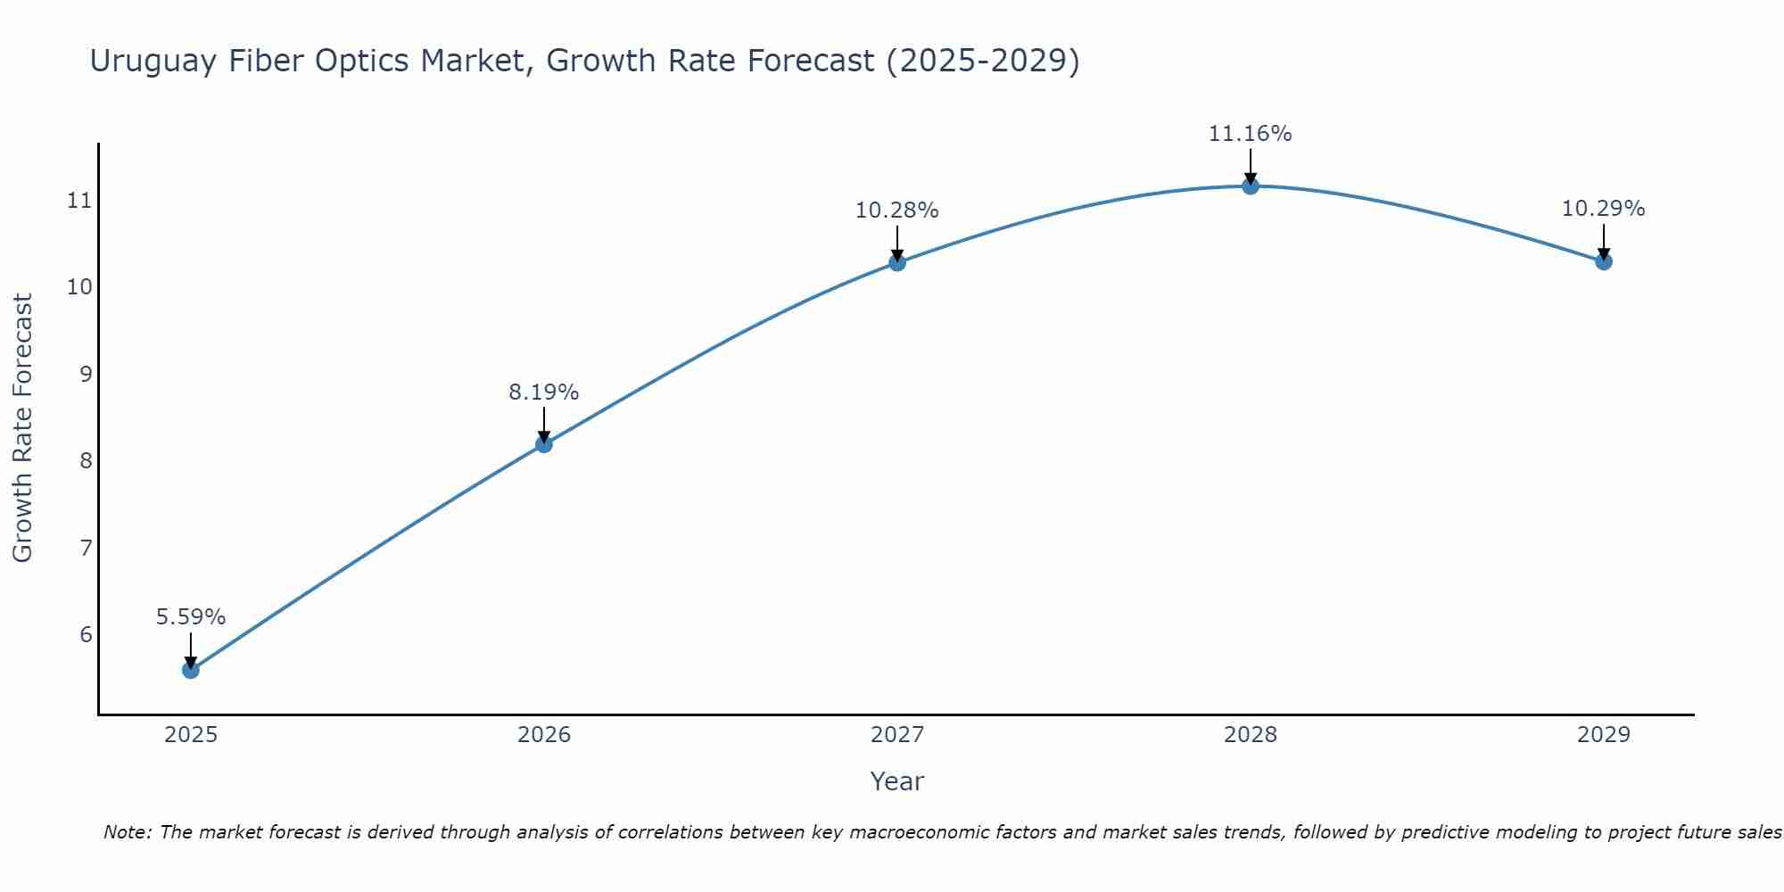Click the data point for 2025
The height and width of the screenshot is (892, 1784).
pyautogui.click(x=191, y=670)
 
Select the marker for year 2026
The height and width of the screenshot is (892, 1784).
pyautogui.click(x=544, y=444)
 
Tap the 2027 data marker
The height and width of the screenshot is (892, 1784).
pyautogui.click(x=897, y=262)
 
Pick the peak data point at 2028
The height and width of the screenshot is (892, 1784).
pyautogui.click(x=1251, y=186)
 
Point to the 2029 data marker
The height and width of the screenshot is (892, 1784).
pyautogui.click(x=1604, y=261)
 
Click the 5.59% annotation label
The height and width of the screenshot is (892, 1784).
pyautogui.click(x=191, y=616)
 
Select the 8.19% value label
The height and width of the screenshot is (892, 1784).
pyautogui.click(x=544, y=392)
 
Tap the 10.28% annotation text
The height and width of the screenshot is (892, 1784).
pyautogui.click(x=897, y=211)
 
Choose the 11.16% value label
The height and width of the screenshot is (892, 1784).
pyautogui.click(x=1251, y=134)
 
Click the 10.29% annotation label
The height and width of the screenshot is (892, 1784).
pyautogui.click(x=1604, y=209)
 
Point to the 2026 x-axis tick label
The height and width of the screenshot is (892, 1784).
pyautogui.click(x=544, y=735)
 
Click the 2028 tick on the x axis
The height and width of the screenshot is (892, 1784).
pyautogui.click(x=1251, y=735)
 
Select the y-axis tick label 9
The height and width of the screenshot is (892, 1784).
pyautogui.click(x=86, y=374)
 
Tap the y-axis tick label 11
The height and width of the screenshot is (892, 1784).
pyautogui.click(x=79, y=200)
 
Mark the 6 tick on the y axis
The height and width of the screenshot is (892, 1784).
pyautogui.click(x=86, y=634)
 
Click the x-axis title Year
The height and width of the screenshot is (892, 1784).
pyautogui.click(x=897, y=781)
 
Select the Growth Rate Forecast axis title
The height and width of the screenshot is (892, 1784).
pyautogui.click(x=23, y=428)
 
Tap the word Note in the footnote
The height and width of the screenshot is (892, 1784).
pyautogui.click(x=126, y=832)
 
